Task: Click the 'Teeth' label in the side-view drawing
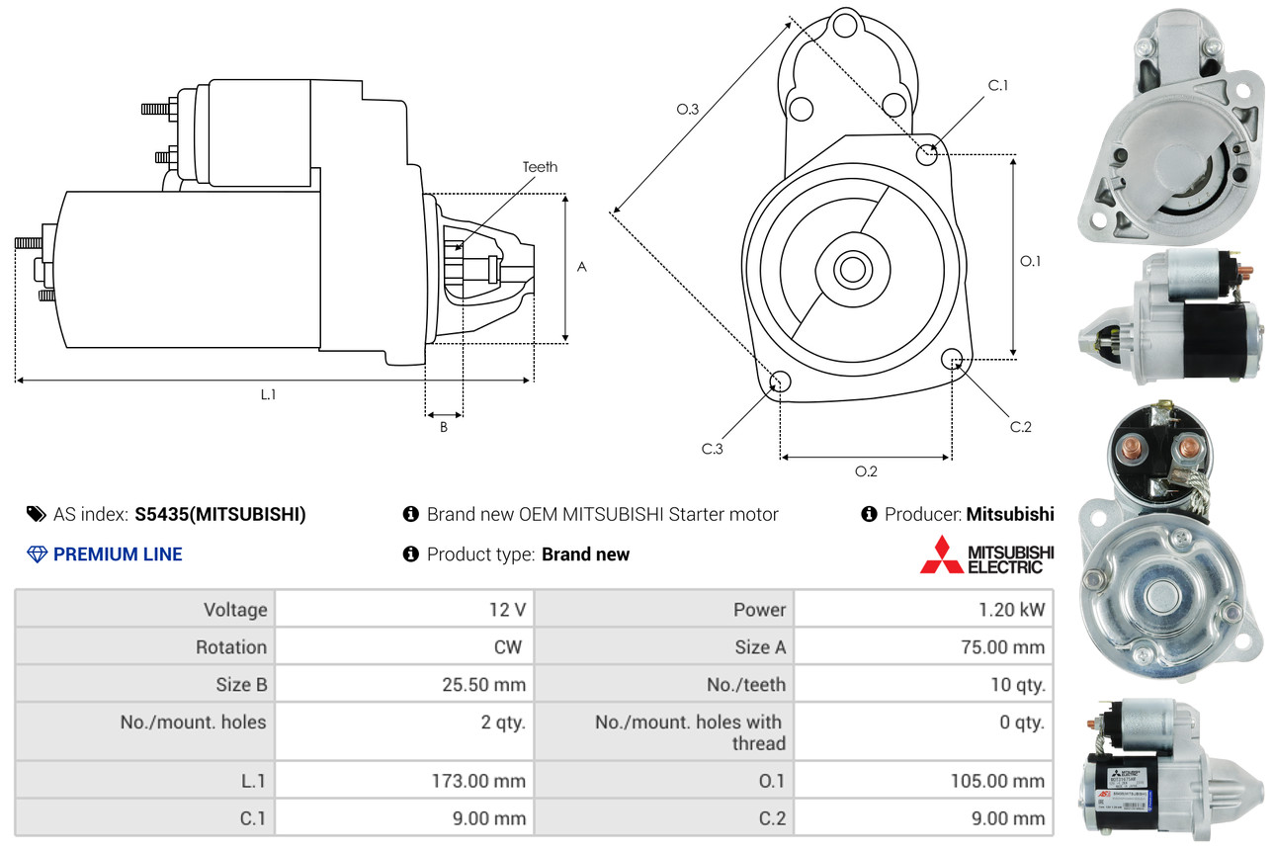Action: (x=540, y=167)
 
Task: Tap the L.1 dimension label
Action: (x=268, y=394)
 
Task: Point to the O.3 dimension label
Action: (x=688, y=110)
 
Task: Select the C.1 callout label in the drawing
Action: (x=998, y=86)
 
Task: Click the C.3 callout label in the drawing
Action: (x=713, y=449)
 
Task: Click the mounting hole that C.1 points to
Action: (x=927, y=154)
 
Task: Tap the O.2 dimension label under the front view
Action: (x=866, y=471)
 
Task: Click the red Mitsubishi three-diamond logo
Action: (x=940, y=554)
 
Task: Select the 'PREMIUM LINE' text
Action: (x=118, y=554)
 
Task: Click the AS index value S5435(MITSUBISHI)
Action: (x=220, y=514)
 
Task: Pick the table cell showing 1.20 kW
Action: (x=924, y=610)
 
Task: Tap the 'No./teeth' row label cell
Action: (x=663, y=685)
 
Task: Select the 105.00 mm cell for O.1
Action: (x=924, y=781)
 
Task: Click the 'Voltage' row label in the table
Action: (x=144, y=610)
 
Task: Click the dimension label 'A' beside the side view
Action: (x=582, y=267)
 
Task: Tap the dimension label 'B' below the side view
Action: (x=444, y=428)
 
